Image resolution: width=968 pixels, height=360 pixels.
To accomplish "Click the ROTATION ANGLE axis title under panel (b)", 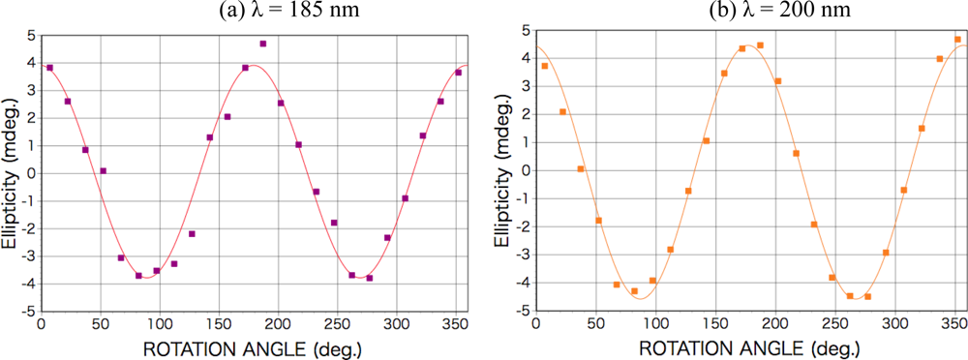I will coord(750,346).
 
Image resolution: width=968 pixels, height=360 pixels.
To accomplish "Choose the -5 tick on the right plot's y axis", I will coord(523,312).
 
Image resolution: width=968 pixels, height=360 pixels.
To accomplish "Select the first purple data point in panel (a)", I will coord(49,68).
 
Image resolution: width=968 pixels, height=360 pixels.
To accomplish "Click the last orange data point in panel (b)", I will coord(957,40).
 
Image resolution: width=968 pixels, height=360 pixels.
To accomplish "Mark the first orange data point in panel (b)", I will coord(545,66).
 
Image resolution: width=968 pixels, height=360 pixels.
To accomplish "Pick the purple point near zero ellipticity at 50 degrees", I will coord(103,171).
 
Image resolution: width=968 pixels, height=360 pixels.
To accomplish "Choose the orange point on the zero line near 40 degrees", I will coord(581,169).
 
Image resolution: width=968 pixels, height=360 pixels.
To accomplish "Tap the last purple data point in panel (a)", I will coord(459,73).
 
